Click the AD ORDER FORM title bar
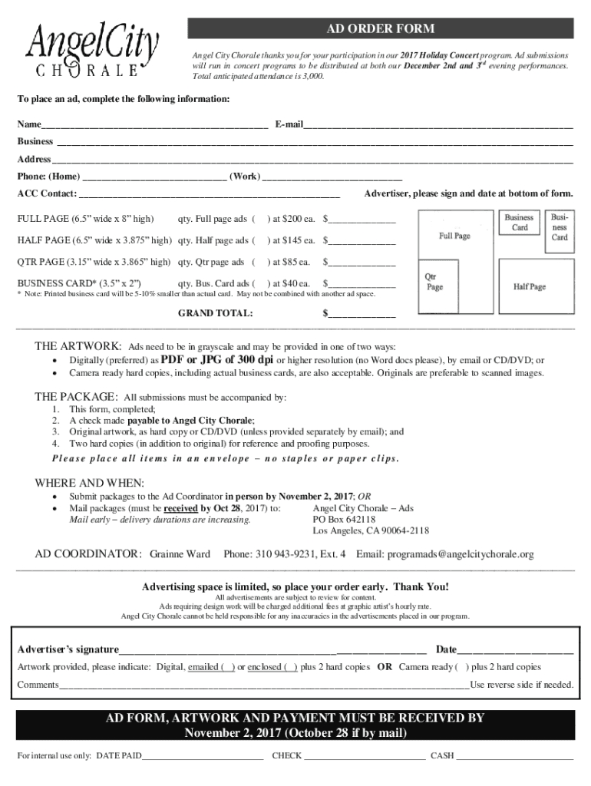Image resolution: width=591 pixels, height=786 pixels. [x=381, y=29]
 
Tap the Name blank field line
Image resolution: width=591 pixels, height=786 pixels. [x=154, y=124]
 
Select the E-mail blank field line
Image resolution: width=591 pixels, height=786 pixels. [x=437, y=124]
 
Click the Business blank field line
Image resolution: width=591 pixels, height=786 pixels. [x=315, y=142]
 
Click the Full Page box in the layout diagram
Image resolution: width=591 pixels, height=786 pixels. [x=454, y=236]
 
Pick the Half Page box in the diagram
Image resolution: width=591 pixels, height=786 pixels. [x=530, y=286]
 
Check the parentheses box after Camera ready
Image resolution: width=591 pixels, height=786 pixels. [x=462, y=668]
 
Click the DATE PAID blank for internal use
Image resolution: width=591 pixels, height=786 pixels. [x=203, y=756]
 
